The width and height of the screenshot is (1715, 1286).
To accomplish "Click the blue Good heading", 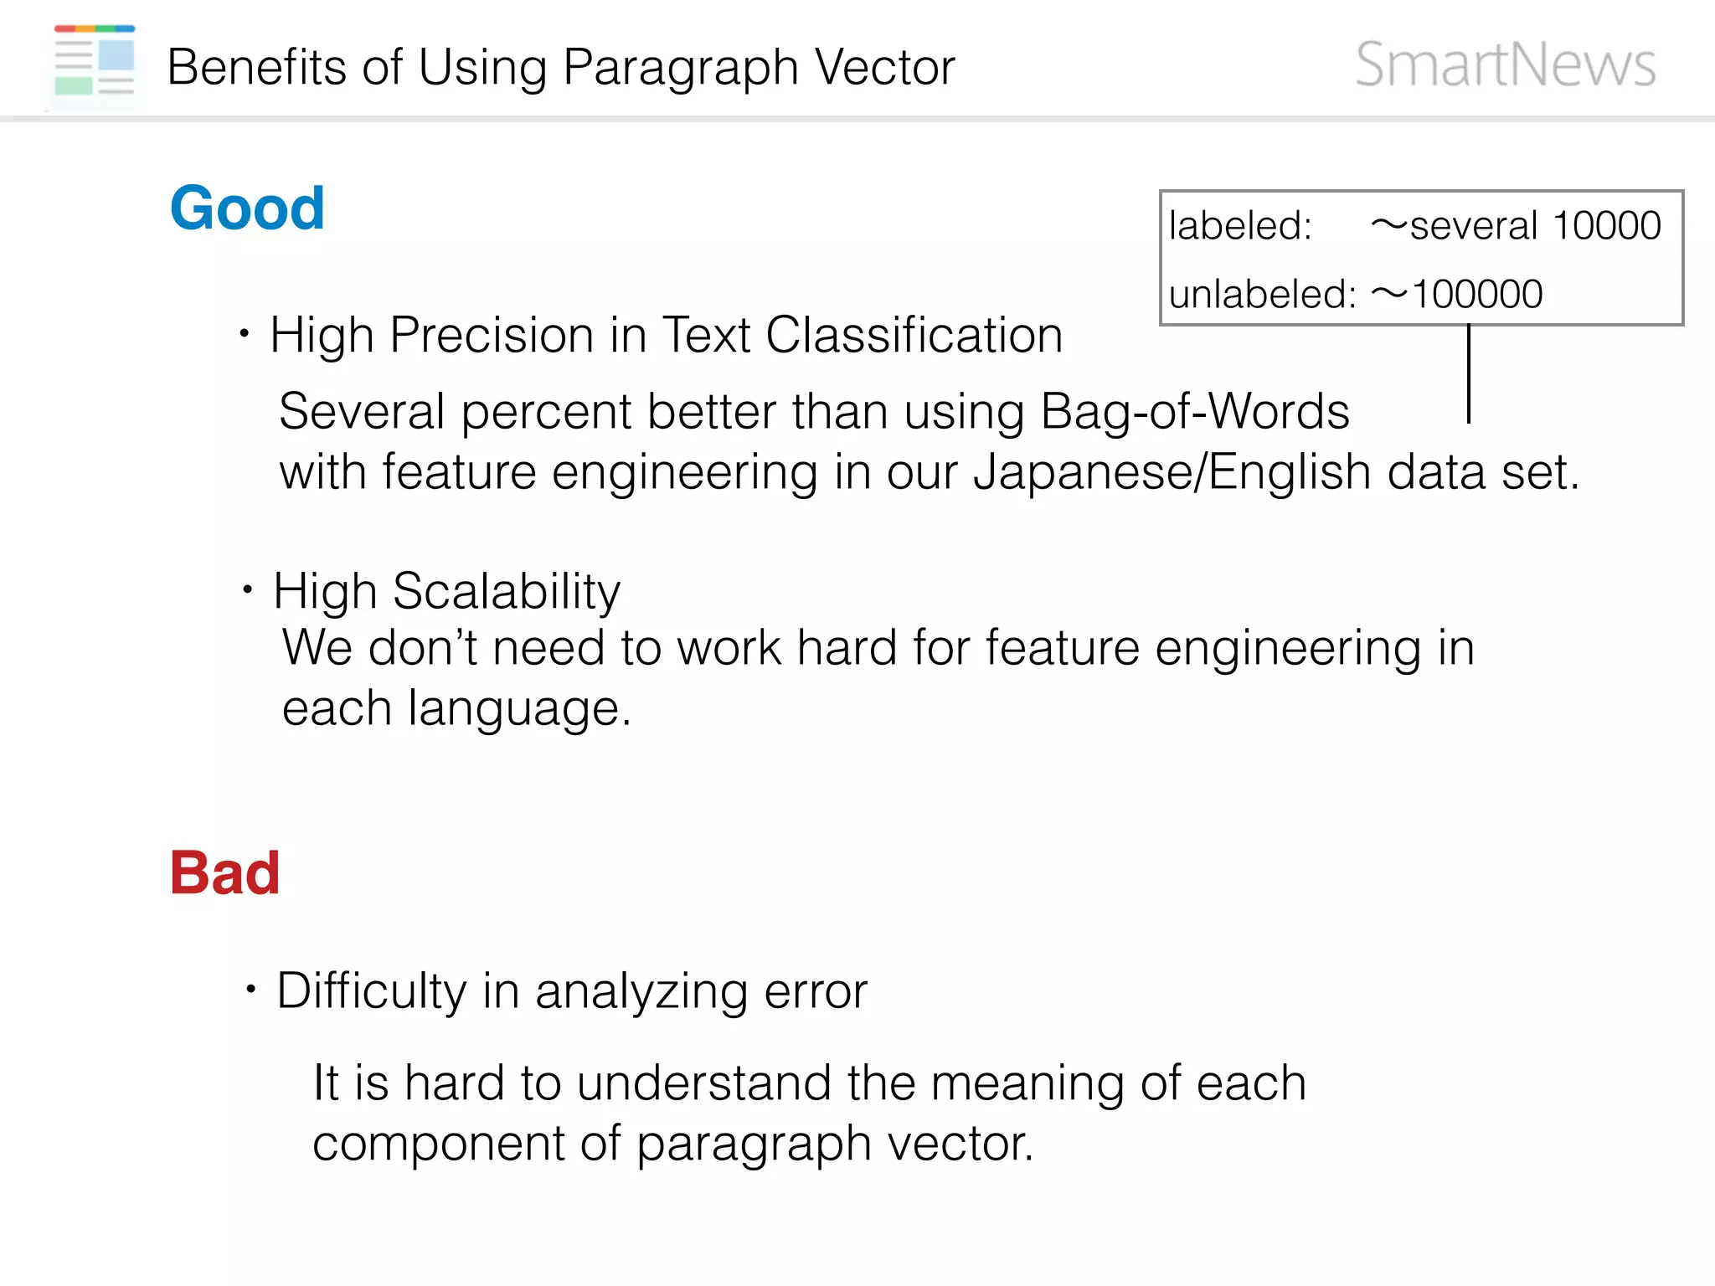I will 247,208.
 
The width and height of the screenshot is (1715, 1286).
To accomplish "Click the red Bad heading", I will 224,873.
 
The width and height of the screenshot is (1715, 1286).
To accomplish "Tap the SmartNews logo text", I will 1505,64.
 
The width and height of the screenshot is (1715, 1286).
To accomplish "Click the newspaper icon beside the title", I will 95,60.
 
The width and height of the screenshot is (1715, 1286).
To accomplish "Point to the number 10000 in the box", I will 1606,225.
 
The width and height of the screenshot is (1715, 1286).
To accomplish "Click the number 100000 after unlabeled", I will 1476,294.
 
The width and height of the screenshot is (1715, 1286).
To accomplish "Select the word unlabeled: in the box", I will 1262,294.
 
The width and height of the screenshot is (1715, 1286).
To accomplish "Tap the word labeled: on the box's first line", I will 1240,225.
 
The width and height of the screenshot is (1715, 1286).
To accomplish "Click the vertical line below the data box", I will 1469,373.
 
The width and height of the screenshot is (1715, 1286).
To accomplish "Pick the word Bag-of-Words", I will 1194,411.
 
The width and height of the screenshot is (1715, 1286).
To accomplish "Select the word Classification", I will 914,335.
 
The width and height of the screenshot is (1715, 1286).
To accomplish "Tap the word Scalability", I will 507,591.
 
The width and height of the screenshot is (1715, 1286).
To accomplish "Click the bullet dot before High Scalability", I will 248,590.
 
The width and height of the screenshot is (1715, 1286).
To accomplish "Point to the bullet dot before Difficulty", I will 250,990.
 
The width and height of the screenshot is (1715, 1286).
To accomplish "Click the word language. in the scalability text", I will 519,708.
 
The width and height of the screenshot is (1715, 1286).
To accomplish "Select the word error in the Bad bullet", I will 816,990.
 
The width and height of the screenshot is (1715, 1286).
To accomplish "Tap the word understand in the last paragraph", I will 703,1083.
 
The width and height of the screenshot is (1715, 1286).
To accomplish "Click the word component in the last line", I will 438,1144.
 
